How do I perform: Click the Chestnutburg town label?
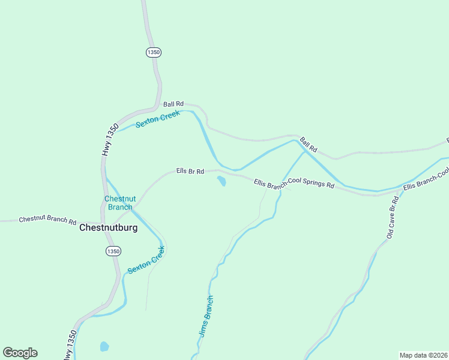[x=109, y=228]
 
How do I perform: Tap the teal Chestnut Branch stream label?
[x=120, y=203]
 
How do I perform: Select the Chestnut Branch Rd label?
[x=47, y=220]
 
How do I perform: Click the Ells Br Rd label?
[x=190, y=171]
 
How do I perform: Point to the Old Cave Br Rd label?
[x=393, y=217]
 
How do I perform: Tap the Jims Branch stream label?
[x=205, y=316]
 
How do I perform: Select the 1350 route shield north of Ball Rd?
[x=153, y=53]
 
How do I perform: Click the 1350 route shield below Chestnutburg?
[x=113, y=251]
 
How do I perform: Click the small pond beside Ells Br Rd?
[x=221, y=181]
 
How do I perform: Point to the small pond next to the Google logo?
[x=104, y=346]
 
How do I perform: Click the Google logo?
[x=20, y=353]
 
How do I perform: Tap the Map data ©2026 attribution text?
[x=423, y=355]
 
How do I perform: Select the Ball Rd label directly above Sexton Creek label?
[x=173, y=104]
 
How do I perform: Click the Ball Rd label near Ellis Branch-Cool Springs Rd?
[x=308, y=145]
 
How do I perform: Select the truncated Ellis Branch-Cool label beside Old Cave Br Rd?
[x=426, y=179]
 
